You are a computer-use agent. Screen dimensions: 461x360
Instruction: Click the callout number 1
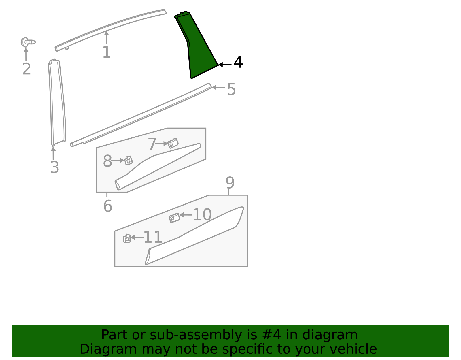[107, 52]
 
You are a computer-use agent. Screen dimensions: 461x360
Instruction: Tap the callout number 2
[27, 69]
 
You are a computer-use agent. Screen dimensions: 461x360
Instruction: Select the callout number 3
[55, 167]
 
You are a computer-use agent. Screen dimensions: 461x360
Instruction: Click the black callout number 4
[238, 62]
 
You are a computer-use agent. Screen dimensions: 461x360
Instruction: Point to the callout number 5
[231, 89]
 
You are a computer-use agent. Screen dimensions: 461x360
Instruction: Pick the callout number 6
[108, 206]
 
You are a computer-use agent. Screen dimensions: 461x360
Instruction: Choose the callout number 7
[152, 144]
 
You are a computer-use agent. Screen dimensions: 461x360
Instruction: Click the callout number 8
[107, 161]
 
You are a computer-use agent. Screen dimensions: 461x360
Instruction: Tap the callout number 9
[230, 183]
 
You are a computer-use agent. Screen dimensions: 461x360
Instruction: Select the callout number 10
[202, 214]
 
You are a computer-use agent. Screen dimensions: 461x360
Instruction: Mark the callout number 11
[153, 237]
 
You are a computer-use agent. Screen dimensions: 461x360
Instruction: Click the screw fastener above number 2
[28, 42]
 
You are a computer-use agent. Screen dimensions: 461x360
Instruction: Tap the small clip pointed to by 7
[173, 143]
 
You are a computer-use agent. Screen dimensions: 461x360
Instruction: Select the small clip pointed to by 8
[129, 161]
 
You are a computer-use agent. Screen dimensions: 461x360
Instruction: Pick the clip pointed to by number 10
[174, 218]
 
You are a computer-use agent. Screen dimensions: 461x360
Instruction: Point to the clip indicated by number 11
[127, 239]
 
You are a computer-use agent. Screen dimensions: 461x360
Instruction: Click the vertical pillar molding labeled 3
[57, 103]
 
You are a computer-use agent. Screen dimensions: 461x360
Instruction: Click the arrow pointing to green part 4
[225, 64]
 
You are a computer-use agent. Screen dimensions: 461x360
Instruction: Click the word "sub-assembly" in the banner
[196, 335]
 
